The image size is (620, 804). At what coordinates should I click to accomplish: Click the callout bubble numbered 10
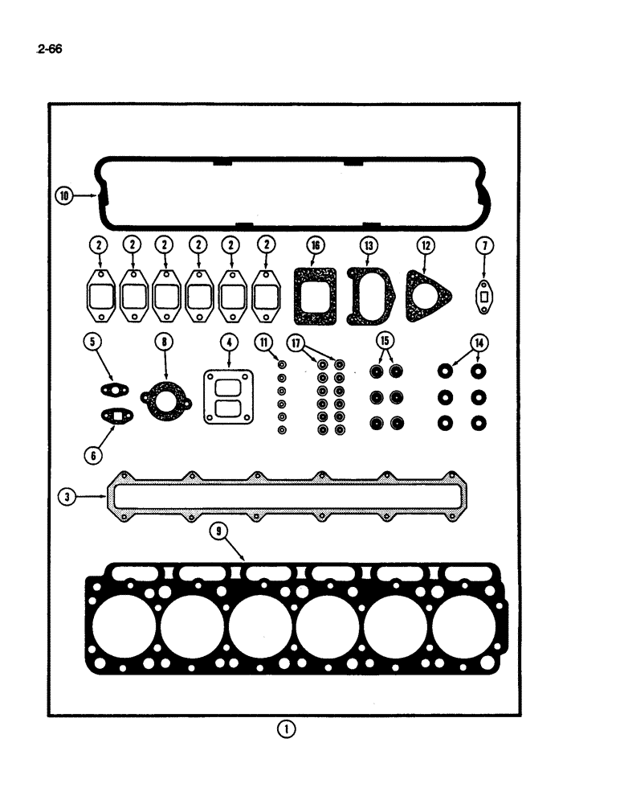coord(64,195)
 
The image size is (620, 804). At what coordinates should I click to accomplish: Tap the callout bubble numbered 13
coord(367,244)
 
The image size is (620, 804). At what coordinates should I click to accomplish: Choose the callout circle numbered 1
coord(286,729)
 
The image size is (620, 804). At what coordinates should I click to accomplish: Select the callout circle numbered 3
coord(69,497)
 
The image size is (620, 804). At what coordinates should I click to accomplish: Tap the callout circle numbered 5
coord(94,342)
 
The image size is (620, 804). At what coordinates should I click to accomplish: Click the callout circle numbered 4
coord(230,342)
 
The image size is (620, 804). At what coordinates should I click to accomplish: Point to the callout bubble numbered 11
coord(263,342)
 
